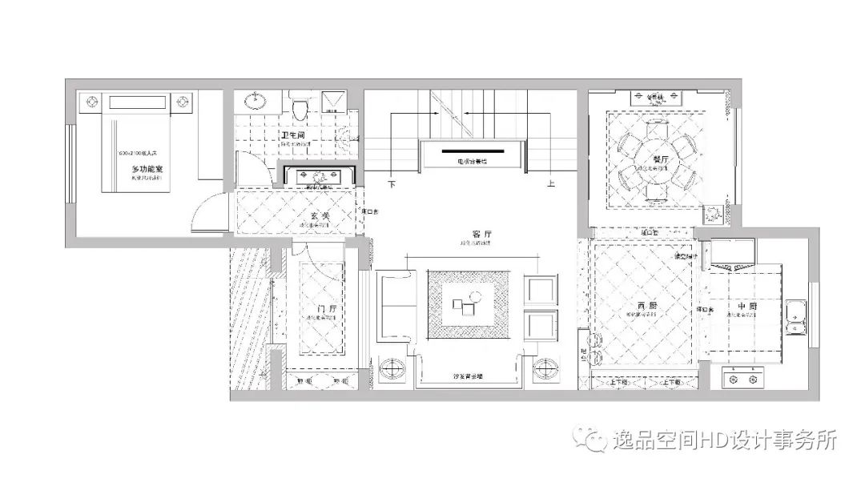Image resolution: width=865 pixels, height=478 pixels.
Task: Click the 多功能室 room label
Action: (147, 170)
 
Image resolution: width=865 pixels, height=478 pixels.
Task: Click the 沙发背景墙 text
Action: (473, 375)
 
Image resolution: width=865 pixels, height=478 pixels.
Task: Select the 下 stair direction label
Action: (392, 183)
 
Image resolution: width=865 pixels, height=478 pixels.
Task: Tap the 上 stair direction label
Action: (551, 183)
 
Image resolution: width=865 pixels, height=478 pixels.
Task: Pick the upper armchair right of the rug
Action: (539, 289)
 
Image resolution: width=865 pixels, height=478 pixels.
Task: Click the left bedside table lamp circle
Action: (91, 102)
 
